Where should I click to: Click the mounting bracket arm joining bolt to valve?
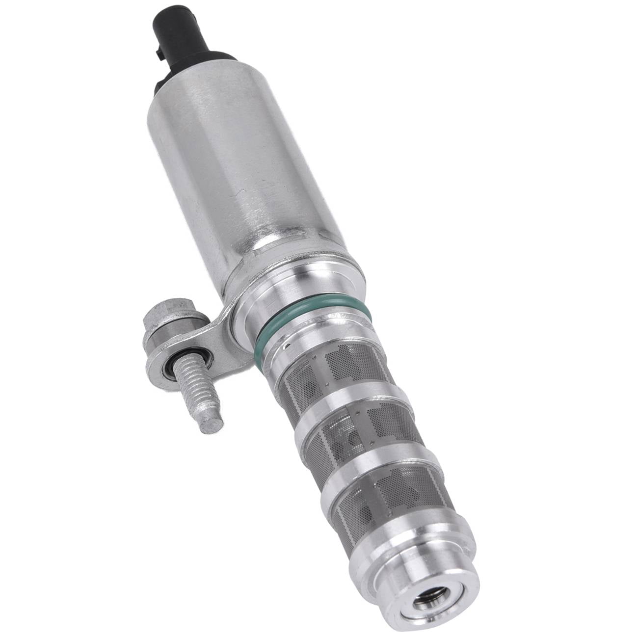[211, 334]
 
